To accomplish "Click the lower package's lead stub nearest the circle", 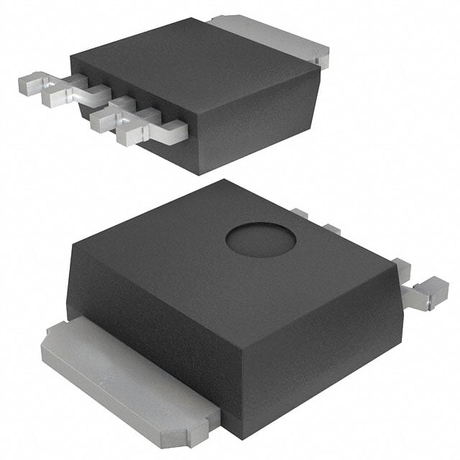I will click(x=300, y=213).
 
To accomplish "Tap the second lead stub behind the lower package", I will click(x=331, y=229).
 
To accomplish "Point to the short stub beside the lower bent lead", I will click(x=402, y=270).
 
